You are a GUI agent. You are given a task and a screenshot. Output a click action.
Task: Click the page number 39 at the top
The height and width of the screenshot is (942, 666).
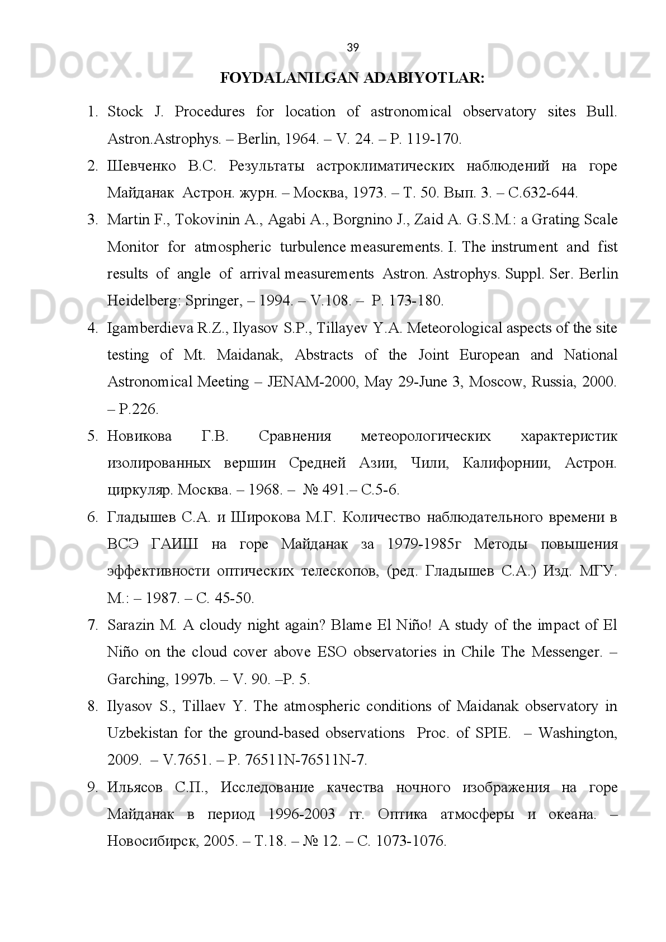pos(353,48)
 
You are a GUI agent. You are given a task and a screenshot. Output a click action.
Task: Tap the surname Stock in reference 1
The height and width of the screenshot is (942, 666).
pos(125,112)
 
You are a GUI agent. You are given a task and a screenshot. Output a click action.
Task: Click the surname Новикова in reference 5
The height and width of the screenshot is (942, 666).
pos(139,436)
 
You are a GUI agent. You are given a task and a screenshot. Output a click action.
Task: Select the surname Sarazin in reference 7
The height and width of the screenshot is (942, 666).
pos(130,625)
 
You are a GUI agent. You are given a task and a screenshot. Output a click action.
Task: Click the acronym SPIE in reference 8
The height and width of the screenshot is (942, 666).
pos(492,733)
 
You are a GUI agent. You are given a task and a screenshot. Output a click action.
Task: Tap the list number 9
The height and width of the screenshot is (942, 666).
pos(93,788)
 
